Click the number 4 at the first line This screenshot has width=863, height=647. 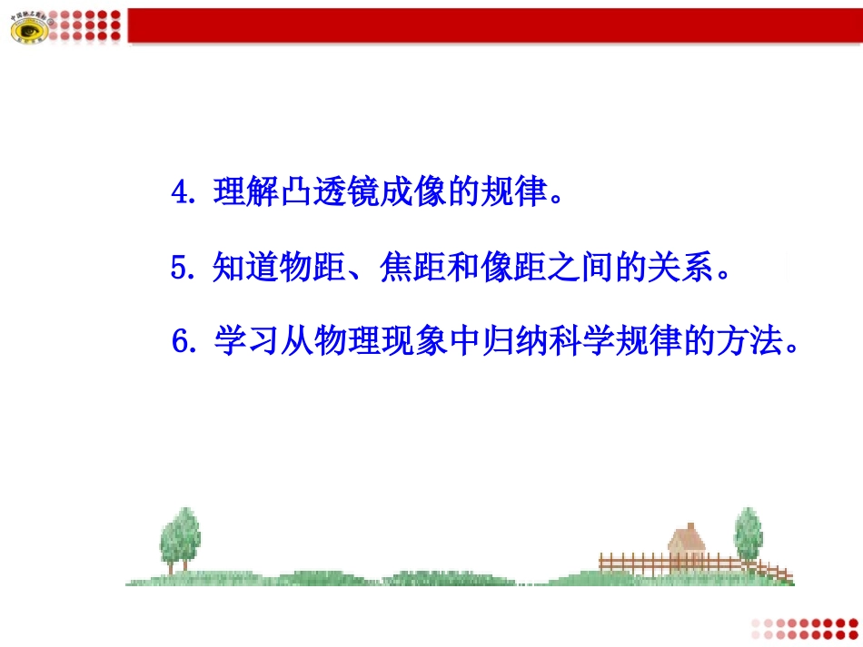pyautogui.click(x=179, y=193)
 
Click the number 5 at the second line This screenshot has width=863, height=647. pyautogui.click(x=179, y=269)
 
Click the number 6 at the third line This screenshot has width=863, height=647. pyautogui.click(x=180, y=344)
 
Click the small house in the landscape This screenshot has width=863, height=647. pyautogui.click(x=688, y=545)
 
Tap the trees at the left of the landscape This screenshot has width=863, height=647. pyautogui.click(x=180, y=539)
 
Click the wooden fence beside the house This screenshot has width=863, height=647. pyautogui.click(x=636, y=562)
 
